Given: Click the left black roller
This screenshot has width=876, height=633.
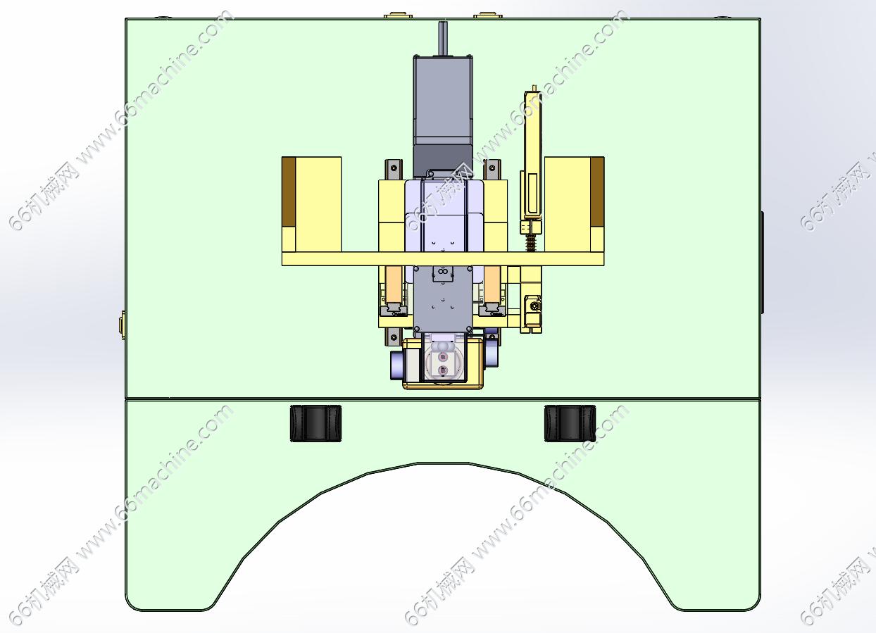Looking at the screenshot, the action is point(315,423).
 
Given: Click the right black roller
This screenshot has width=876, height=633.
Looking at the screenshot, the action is point(570,423).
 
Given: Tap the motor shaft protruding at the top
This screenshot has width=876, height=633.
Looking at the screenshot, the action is point(443,38).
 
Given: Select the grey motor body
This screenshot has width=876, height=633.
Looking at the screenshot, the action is point(443,115).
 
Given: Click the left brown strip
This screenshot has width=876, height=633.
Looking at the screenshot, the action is point(289,192).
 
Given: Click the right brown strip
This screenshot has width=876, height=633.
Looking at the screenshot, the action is point(597,192).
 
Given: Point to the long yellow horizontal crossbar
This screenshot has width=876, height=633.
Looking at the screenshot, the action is point(443,259).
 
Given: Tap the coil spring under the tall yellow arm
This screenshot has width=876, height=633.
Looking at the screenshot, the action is point(531,242).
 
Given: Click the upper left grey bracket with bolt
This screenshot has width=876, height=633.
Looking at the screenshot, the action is point(394,169).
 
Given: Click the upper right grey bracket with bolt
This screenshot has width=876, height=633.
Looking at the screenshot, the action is point(492,169).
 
